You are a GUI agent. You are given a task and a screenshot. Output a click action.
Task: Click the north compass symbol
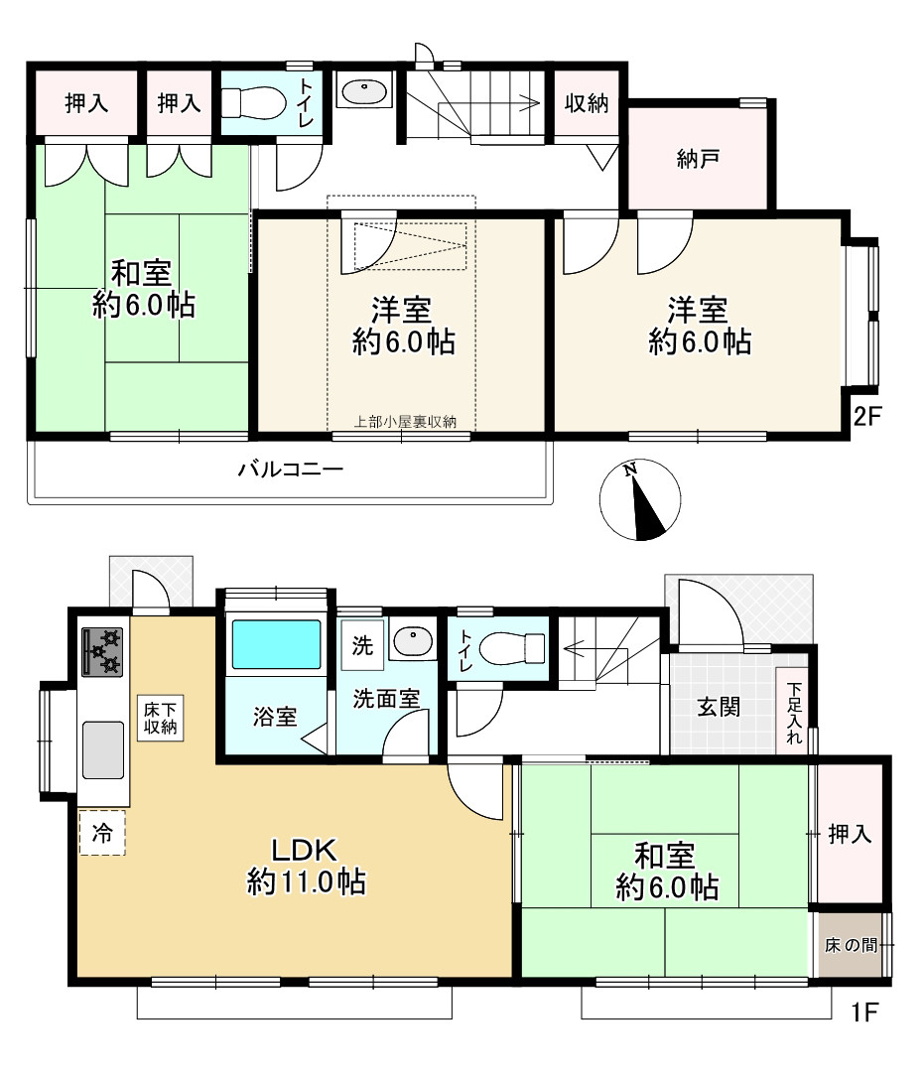point(640,501)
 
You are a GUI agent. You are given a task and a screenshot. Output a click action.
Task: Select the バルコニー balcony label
point(290,469)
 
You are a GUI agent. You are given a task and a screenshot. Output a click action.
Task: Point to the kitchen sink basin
point(103,750)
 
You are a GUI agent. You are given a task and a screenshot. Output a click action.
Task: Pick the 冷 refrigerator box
point(102,833)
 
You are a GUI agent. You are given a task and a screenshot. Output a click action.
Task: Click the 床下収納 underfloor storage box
point(161,718)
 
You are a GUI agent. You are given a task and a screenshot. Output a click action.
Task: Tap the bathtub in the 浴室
point(276,645)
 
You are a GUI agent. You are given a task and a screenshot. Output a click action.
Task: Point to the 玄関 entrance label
point(720,708)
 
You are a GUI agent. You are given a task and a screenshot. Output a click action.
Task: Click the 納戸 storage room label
point(699,159)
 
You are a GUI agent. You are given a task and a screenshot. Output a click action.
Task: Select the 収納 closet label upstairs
point(587,103)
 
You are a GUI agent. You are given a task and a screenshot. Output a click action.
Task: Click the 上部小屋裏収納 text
point(405,422)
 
